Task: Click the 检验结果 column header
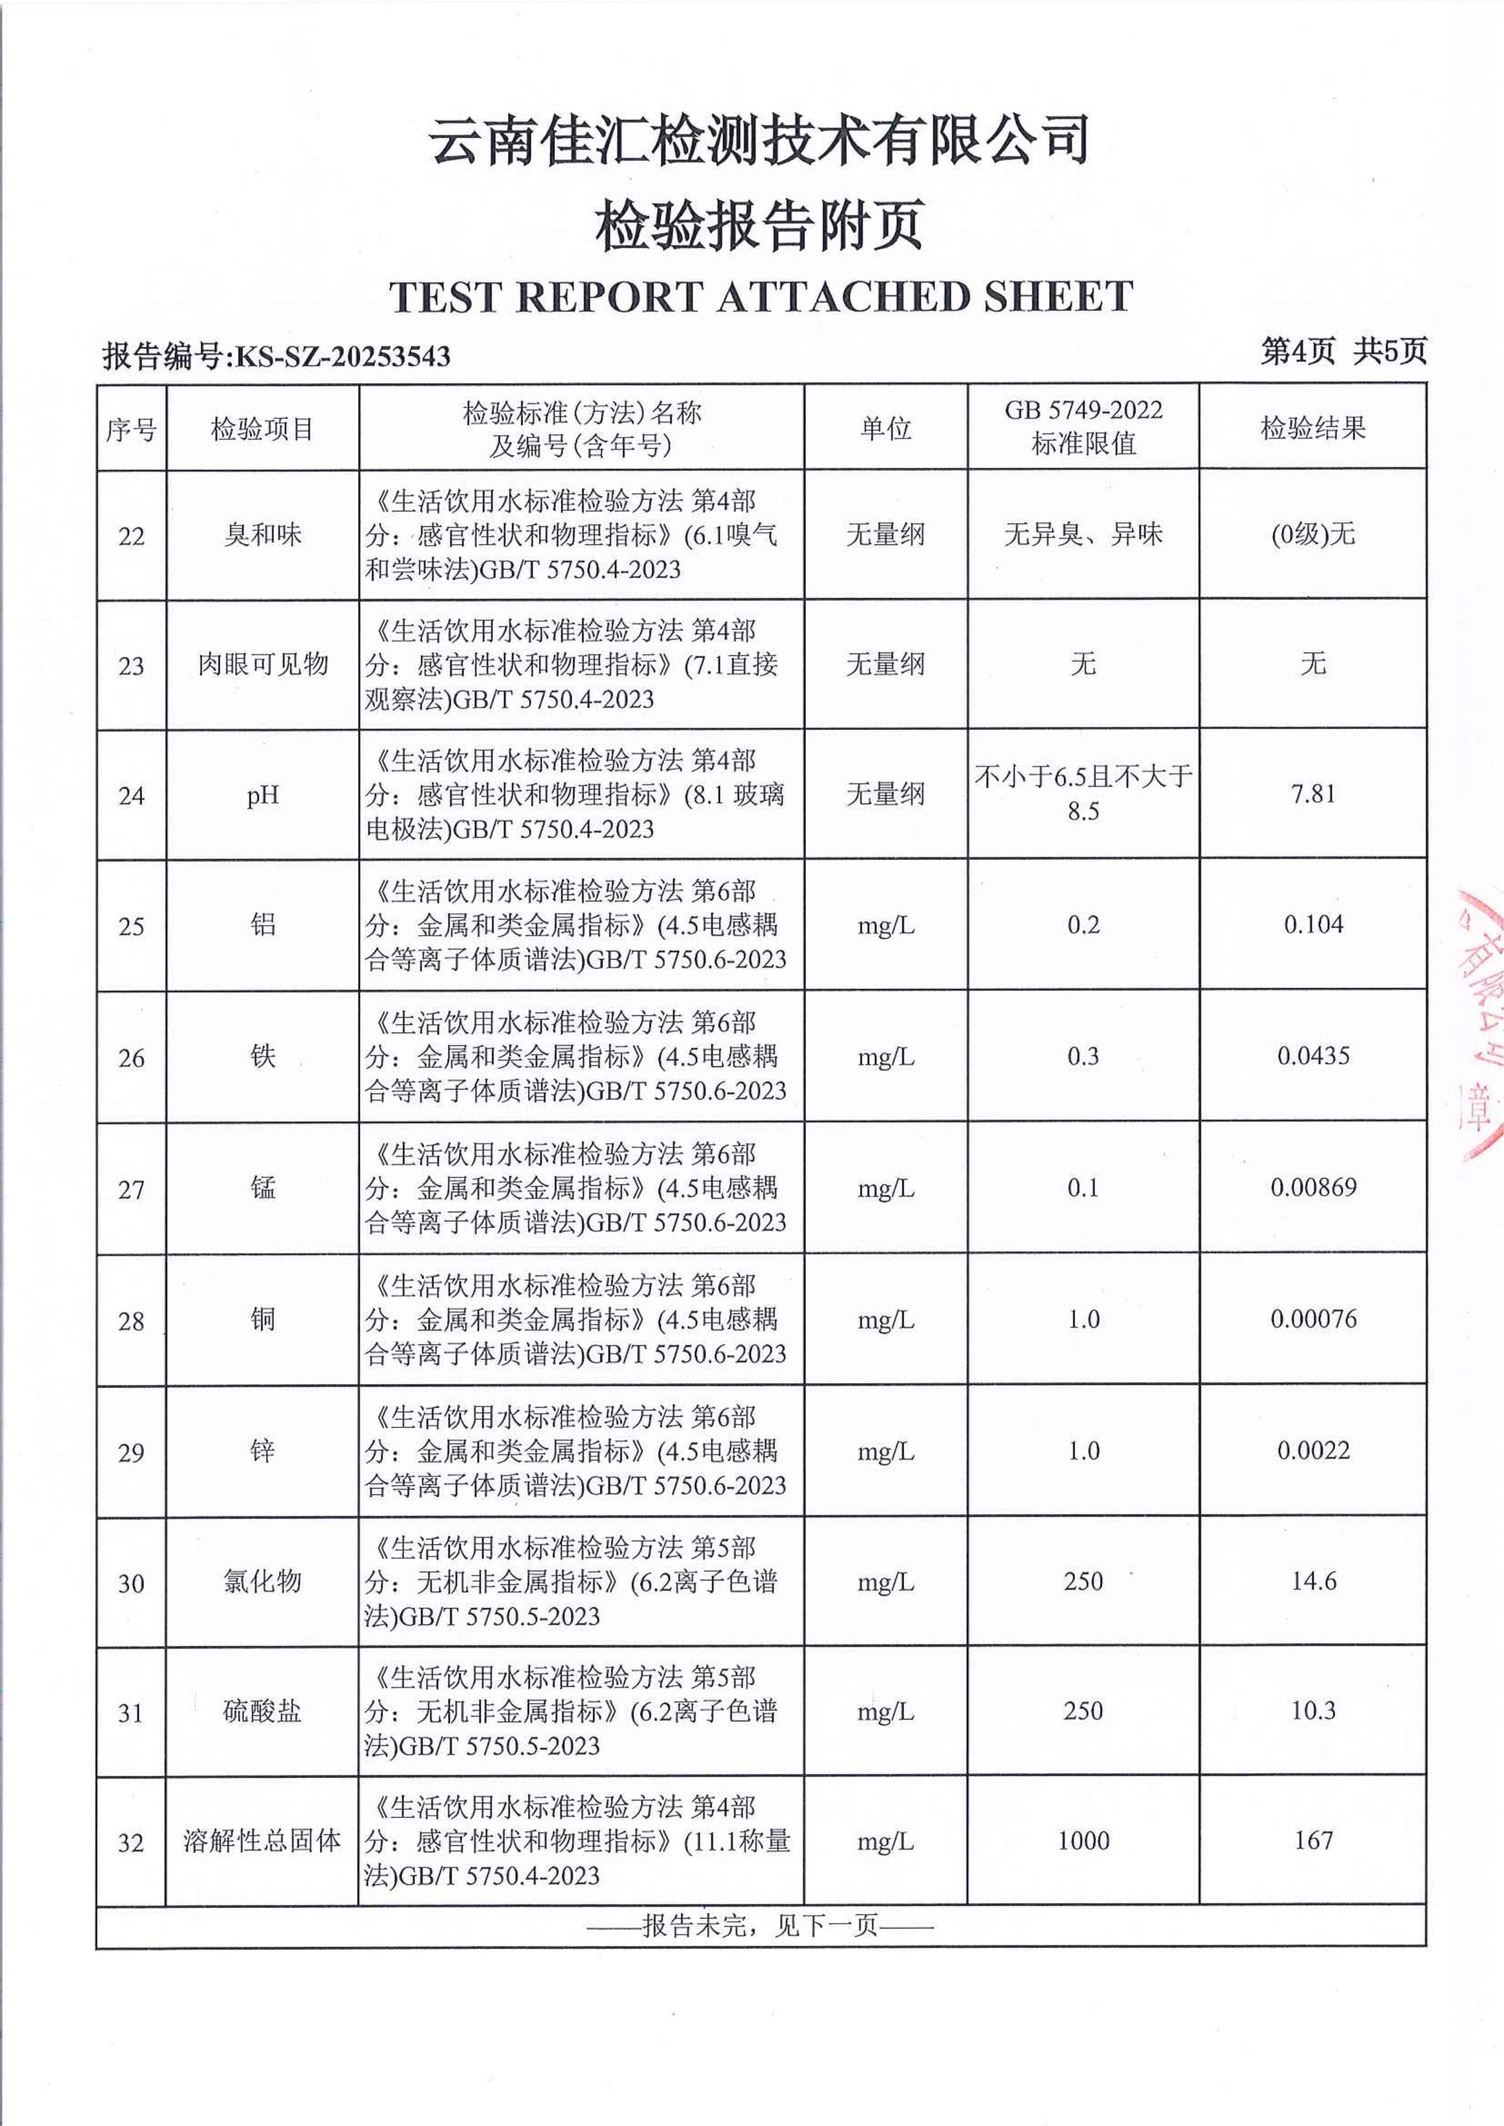click(1312, 428)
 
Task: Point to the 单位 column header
click(885, 428)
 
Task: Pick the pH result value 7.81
click(1312, 793)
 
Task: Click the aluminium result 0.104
click(1312, 924)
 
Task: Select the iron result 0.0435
click(1312, 1055)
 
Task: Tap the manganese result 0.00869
click(1312, 1187)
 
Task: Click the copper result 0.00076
click(1312, 1319)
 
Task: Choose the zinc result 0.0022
click(1312, 1450)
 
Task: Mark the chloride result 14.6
click(1312, 1581)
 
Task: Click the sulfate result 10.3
click(1312, 1710)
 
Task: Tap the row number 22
click(131, 536)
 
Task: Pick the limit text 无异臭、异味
click(1083, 534)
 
